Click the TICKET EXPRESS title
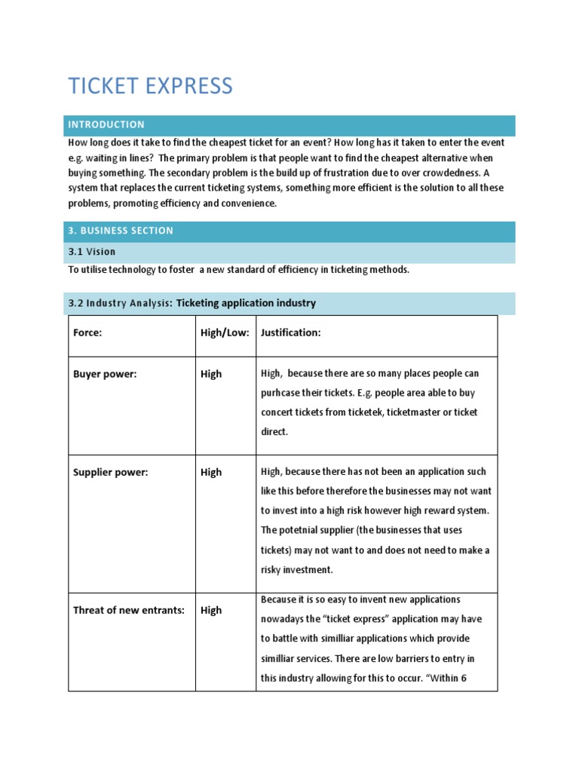[x=150, y=86]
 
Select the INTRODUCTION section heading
[x=106, y=124]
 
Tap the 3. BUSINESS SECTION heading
[x=121, y=231]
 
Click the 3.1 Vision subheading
[x=92, y=252]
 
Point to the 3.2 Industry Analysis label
[x=120, y=303]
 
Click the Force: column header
[x=87, y=333]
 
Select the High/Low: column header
[x=225, y=333]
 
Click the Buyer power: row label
[x=105, y=374]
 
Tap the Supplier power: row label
[x=111, y=472]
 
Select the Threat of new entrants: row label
[x=129, y=610]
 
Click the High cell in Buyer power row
[x=211, y=374]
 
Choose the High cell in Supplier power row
[x=211, y=472]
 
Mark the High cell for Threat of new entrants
[x=211, y=610]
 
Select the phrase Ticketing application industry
[x=246, y=303]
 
